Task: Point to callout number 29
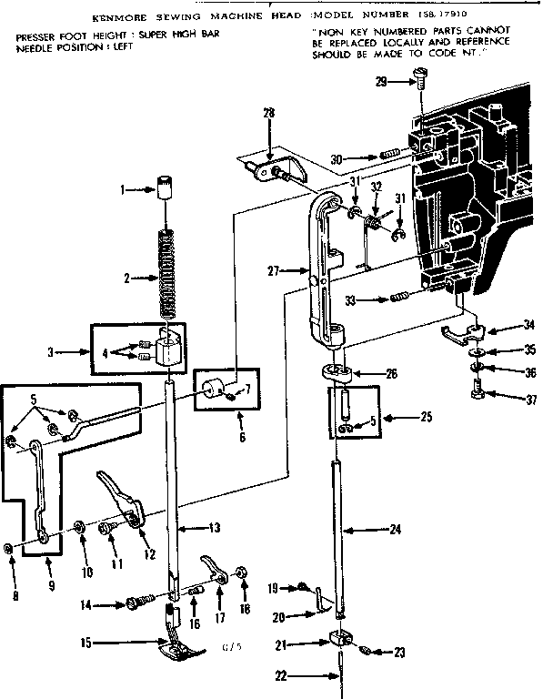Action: [380, 82]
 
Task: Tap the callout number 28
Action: [268, 112]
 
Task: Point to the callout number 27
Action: [274, 269]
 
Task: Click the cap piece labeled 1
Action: [166, 188]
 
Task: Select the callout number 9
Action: [51, 586]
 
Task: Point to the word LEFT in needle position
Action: [119, 46]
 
